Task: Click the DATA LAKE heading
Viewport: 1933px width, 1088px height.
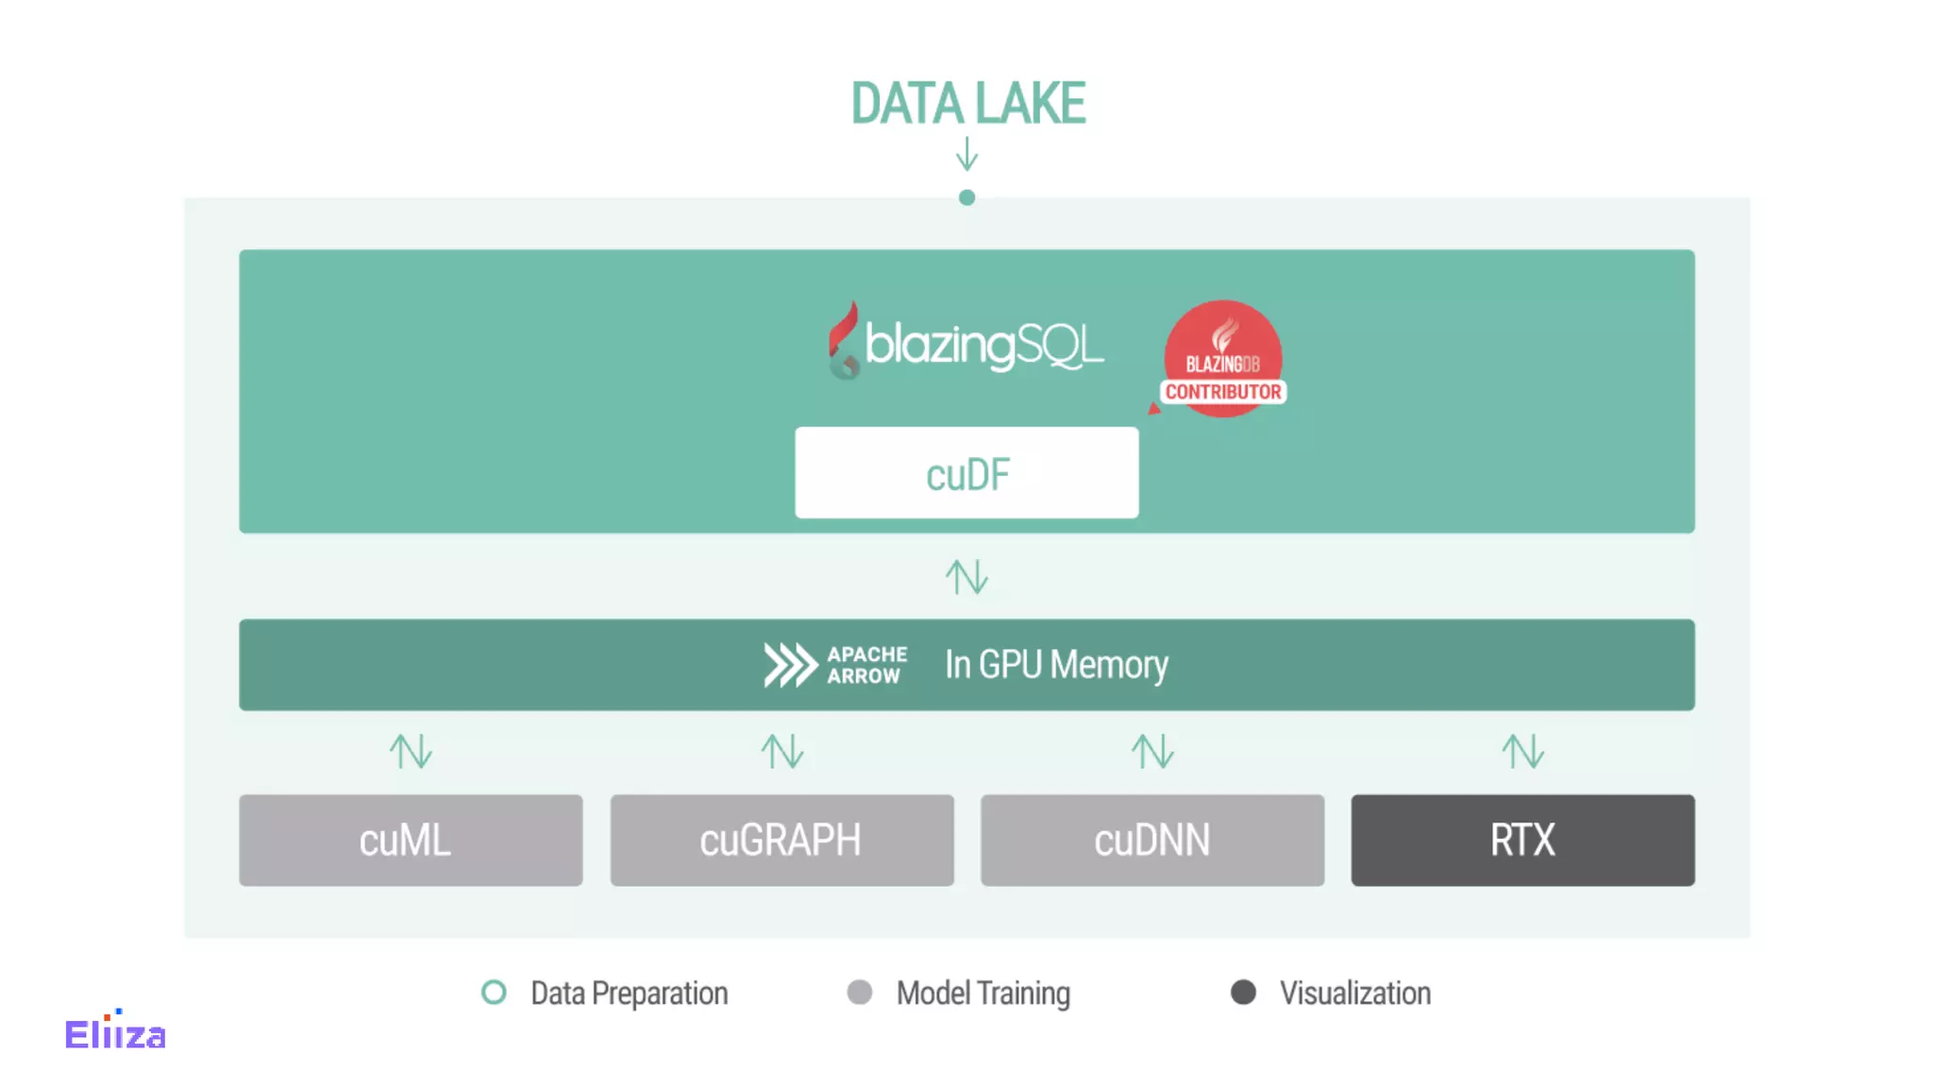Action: point(967,103)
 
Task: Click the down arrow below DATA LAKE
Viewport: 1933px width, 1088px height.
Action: point(966,154)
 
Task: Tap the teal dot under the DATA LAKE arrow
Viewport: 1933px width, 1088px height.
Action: point(966,197)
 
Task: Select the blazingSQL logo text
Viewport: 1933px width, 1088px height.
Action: point(983,345)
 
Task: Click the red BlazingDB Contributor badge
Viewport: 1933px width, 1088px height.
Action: point(1222,360)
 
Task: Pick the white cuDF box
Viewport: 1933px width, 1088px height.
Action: point(966,472)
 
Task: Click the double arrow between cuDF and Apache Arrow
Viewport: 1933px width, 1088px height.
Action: point(966,576)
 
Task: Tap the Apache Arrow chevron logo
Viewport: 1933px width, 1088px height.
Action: point(790,665)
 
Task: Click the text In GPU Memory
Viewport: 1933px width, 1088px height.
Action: point(1056,665)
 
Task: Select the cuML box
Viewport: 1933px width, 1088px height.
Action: point(411,840)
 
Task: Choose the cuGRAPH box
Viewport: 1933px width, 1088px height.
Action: point(782,840)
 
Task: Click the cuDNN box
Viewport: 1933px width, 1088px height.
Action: point(1151,840)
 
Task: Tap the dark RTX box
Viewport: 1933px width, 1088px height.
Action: point(1522,840)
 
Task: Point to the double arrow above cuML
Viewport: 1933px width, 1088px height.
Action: point(411,752)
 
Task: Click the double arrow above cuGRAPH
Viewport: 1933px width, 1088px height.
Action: point(782,752)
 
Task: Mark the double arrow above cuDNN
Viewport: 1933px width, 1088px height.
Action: point(1151,752)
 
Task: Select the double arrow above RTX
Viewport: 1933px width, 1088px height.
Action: point(1522,752)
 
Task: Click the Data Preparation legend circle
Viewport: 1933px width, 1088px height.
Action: point(494,993)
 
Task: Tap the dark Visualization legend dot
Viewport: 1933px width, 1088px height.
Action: point(1243,993)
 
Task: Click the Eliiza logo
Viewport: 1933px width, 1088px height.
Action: point(115,1032)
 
